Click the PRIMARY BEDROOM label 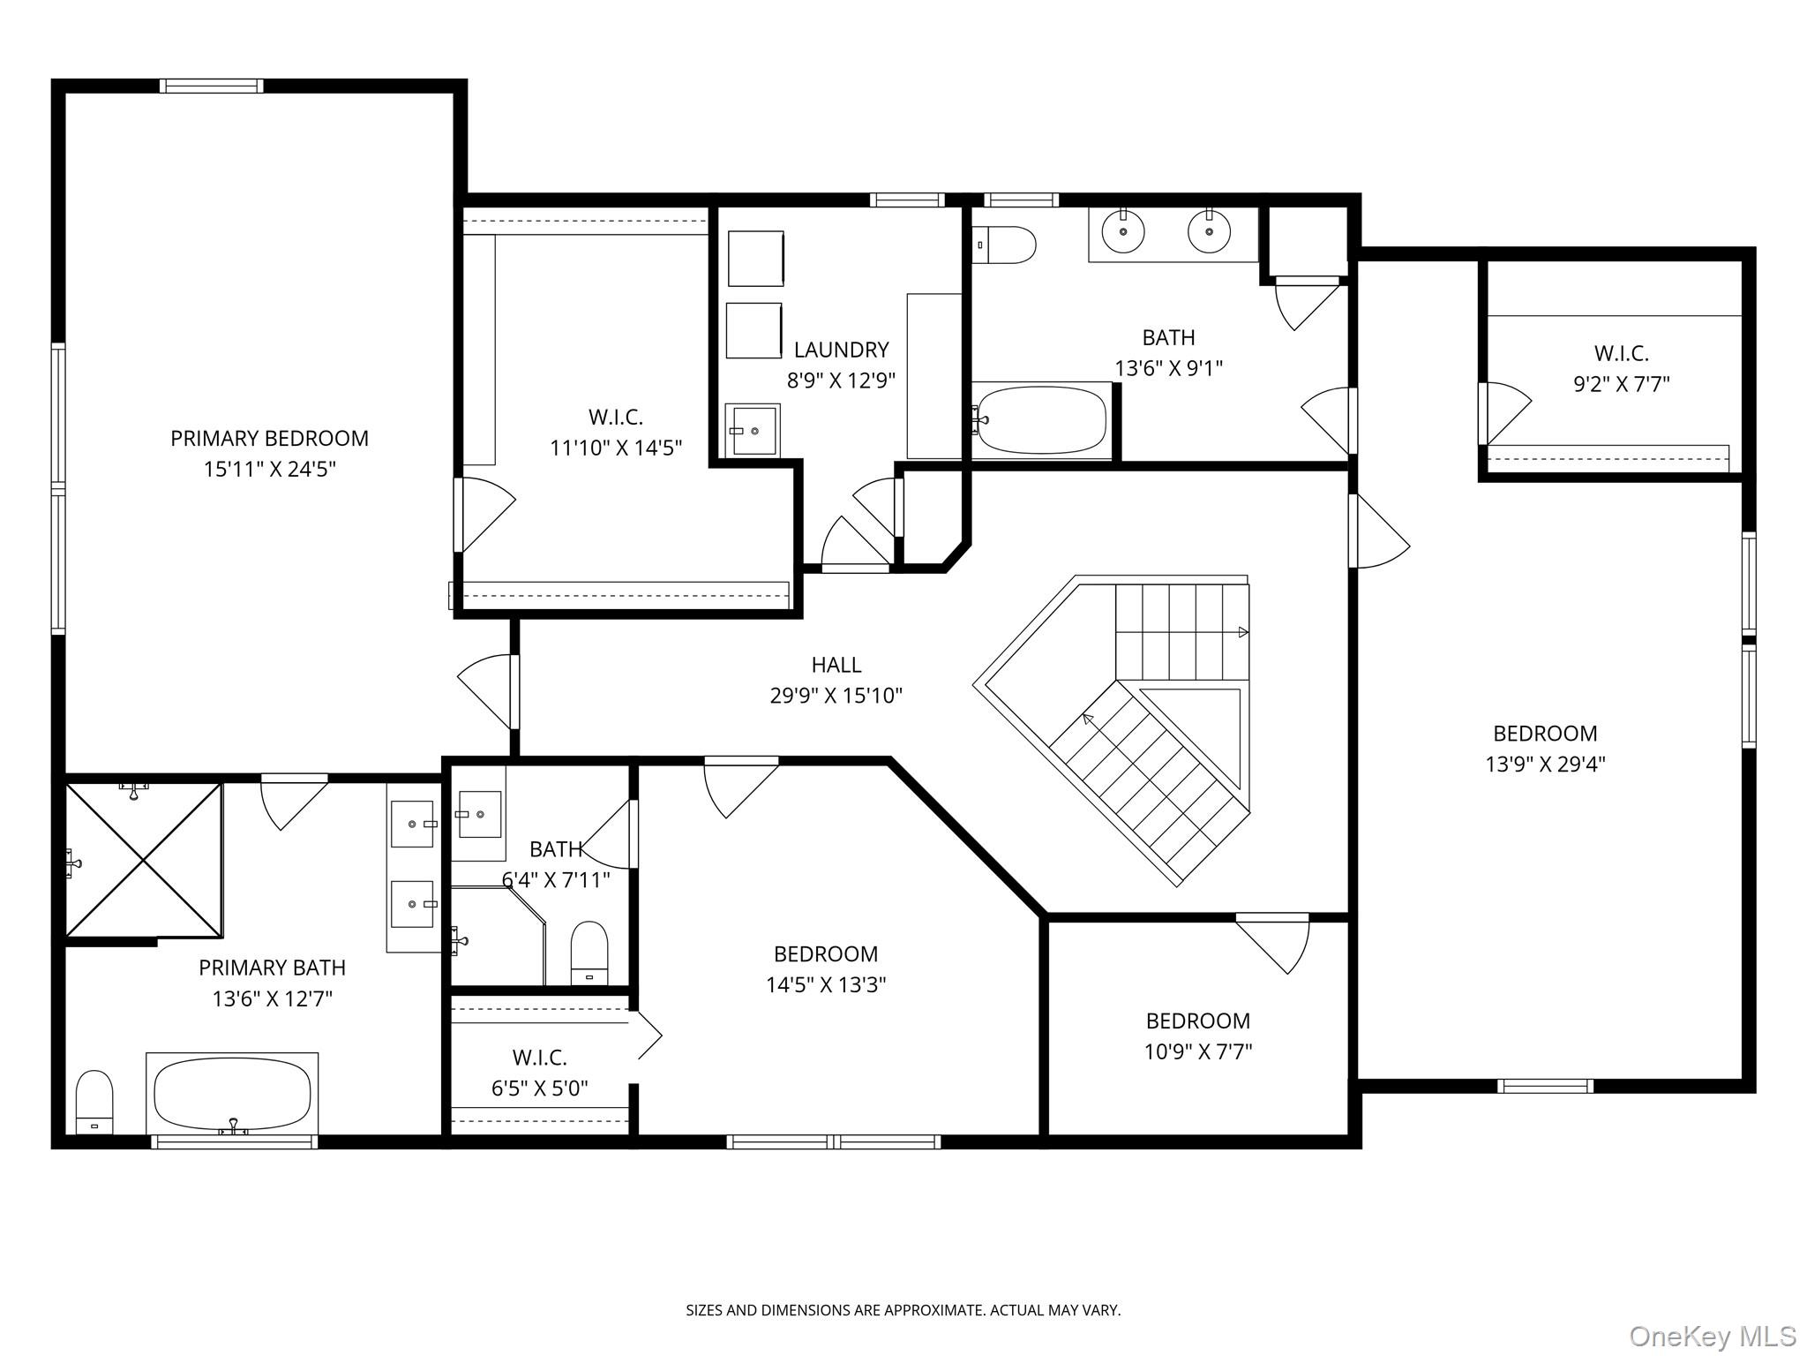[x=269, y=438]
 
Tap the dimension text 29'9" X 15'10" [x=836, y=697]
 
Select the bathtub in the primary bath [x=232, y=1093]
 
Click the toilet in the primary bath [x=94, y=1101]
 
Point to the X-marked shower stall [x=143, y=860]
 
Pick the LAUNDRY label [x=841, y=350]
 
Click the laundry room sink [x=753, y=431]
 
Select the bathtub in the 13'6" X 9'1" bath [x=1041, y=420]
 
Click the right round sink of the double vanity [x=1209, y=232]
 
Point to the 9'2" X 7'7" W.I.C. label [x=1621, y=353]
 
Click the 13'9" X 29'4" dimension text [x=1545, y=765]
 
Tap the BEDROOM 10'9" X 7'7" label [x=1197, y=1021]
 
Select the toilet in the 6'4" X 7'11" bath [x=589, y=952]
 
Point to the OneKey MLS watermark [x=1712, y=1336]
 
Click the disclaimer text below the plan [x=903, y=1311]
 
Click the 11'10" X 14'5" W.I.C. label [x=615, y=417]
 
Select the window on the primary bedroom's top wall [x=212, y=86]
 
